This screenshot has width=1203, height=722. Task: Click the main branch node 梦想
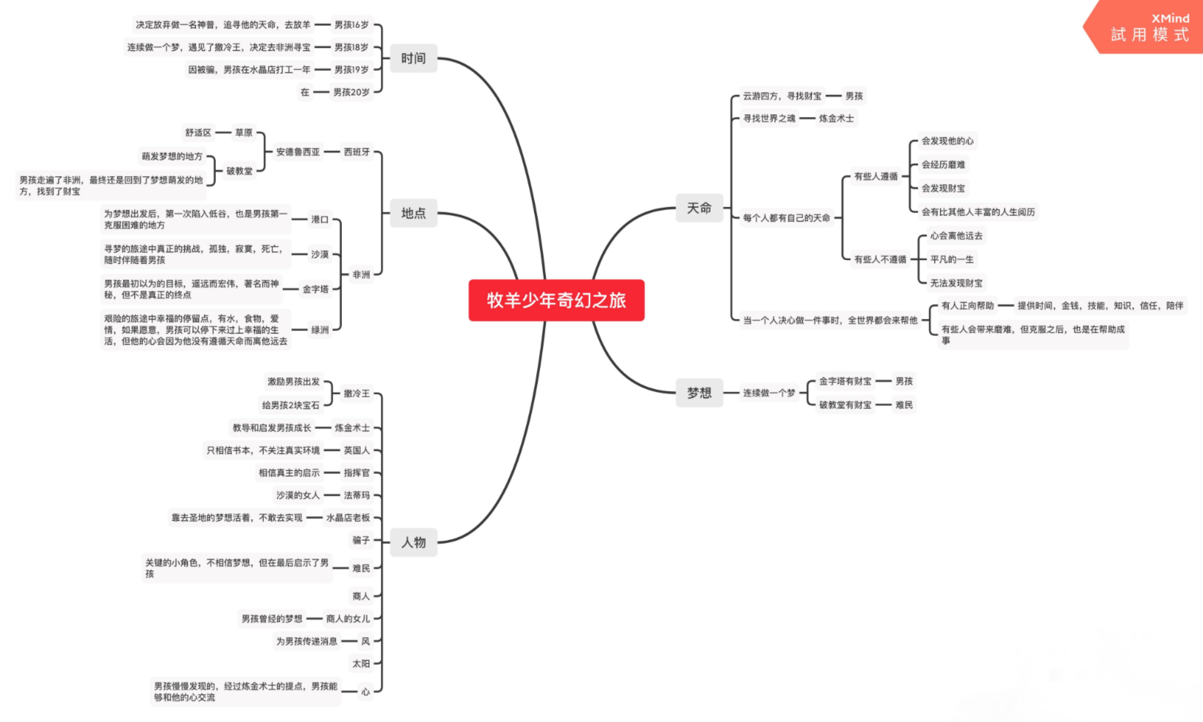point(699,393)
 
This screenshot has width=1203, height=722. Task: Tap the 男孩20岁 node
point(351,92)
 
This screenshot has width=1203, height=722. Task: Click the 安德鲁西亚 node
point(298,152)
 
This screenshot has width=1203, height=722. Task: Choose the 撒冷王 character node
point(357,393)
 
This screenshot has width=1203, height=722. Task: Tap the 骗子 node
point(361,540)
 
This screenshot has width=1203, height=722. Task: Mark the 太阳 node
point(361,664)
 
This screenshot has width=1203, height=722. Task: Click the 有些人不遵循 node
point(880,259)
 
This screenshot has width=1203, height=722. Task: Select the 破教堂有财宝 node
point(845,405)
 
